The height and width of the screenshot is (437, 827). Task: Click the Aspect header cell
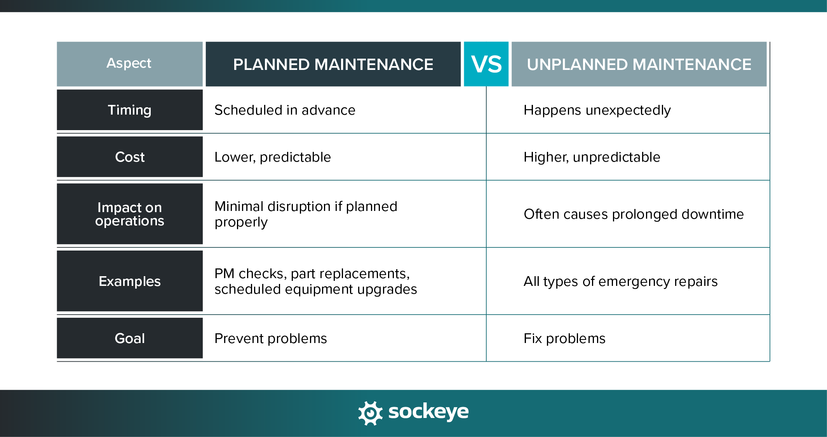(129, 64)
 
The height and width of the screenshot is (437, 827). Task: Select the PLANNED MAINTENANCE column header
(333, 64)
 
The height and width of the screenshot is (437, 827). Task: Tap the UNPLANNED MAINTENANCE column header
(639, 64)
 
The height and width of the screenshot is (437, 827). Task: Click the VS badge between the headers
(486, 64)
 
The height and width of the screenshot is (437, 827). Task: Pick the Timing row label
(129, 110)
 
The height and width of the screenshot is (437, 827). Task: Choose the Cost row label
(129, 157)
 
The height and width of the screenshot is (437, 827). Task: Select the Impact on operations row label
(129, 214)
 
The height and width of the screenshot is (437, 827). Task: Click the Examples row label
(129, 281)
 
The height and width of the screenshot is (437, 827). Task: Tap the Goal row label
(129, 338)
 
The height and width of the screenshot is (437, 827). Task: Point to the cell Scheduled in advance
(285, 110)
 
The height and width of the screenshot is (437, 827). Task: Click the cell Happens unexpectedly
(597, 110)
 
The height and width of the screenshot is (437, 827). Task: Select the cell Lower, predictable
(272, 157)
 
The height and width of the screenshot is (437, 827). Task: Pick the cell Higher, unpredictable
(592, 157)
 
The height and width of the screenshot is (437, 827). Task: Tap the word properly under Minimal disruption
(241, 222)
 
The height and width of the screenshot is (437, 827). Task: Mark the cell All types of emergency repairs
(620, 281)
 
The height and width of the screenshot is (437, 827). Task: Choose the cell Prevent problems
(270, 338)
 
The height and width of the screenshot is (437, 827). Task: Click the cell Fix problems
(564, 338)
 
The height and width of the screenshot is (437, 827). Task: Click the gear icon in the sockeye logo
(370, 413)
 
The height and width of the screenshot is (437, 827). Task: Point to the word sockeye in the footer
(428, 412)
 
